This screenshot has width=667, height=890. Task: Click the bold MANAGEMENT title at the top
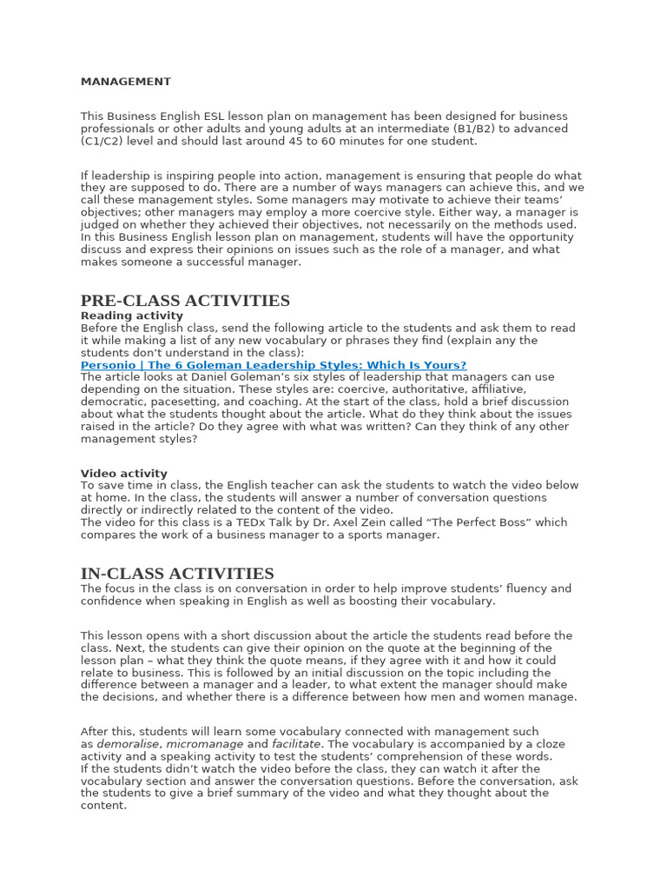(126, 82)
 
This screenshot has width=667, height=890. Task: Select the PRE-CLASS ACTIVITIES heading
(185, 301)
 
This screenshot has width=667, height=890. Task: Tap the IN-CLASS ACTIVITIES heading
(177, 574)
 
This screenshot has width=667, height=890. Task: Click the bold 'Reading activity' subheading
(132, 315)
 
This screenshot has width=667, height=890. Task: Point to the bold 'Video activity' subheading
(124, 474)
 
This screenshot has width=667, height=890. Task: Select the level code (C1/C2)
(107, 141)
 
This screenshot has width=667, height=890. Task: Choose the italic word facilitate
(296, 745)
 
